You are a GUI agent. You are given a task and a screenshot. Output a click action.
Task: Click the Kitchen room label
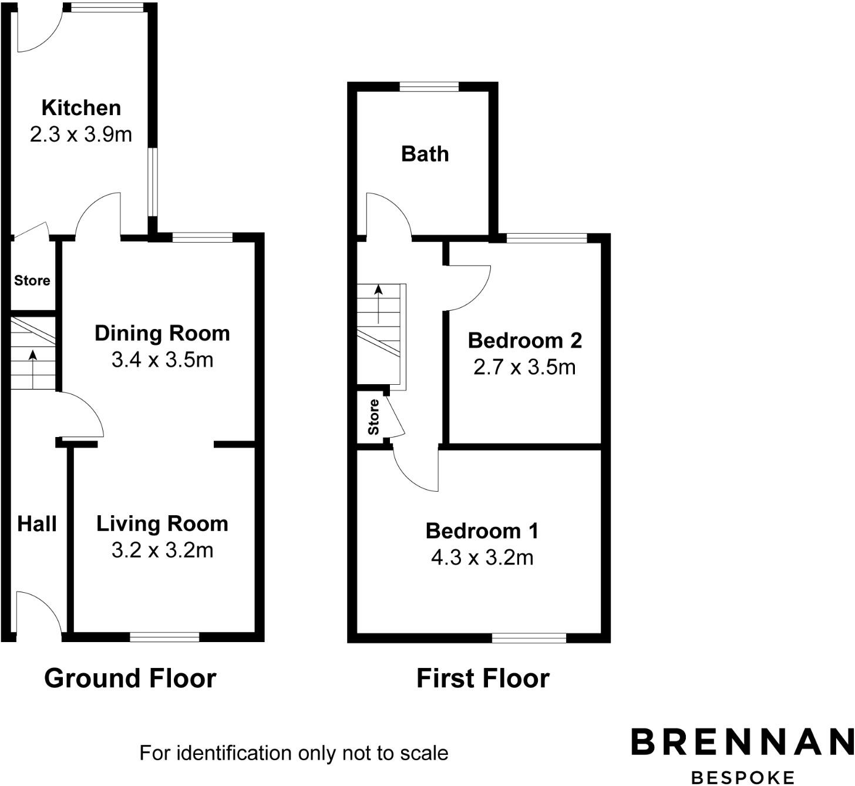tap(81, 108)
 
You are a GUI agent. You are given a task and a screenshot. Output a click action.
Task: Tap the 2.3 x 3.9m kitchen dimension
tap(81, 135)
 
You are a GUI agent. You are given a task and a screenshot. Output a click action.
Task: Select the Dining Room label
tap(162, 333)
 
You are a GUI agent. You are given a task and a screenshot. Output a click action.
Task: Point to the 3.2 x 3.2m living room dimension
tap(162, 550)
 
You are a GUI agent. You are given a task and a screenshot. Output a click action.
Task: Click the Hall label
tap(36, 524)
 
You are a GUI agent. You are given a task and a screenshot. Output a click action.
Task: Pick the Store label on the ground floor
tap(32, 281)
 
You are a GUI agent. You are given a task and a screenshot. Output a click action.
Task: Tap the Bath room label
tap(425, 154)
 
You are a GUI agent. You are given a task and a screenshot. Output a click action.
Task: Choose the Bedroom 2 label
tap(524, 340)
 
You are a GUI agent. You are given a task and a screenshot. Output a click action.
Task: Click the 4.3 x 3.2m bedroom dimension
tap(482, 557)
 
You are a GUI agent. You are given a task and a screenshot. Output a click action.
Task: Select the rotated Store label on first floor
tap(373, 417)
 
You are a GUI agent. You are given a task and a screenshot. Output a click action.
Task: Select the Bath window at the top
tap(429, 87)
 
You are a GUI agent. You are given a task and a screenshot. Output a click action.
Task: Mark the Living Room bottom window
tap(164, 637)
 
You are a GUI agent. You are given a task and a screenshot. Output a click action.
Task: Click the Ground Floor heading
tap(130, 678)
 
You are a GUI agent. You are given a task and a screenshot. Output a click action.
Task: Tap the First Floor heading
tap(483, 678)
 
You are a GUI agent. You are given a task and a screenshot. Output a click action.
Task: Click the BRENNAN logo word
tap(742, 742)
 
